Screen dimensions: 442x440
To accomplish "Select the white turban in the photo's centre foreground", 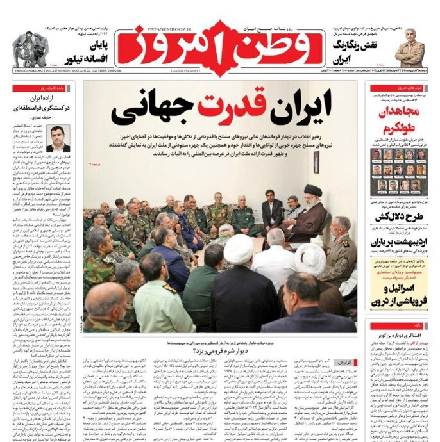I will coord(238,243).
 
